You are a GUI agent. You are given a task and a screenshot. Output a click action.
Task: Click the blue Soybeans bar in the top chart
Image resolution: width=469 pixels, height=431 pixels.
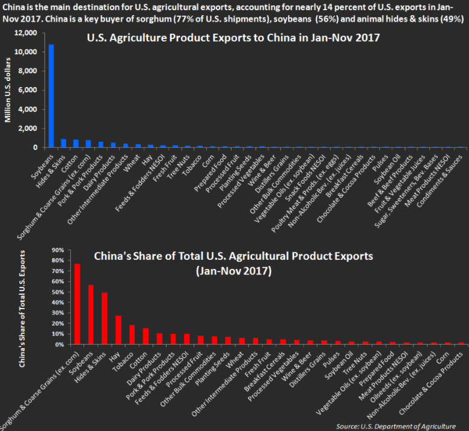click(x=51, y=96)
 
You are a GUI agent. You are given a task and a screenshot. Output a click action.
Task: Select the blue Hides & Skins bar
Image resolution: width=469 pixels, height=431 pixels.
click(x=63, y=143)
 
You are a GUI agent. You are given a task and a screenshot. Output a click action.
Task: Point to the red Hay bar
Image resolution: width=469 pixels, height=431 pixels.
click(x=118, y=330)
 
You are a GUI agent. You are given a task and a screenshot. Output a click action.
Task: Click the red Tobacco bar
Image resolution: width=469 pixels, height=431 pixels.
click(x=132, y=335)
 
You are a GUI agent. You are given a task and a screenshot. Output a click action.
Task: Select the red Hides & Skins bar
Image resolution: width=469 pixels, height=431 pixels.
click(x=105, y=319)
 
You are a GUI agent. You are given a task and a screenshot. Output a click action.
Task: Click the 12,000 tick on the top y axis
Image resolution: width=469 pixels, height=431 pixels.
click(x=26, y=33)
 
